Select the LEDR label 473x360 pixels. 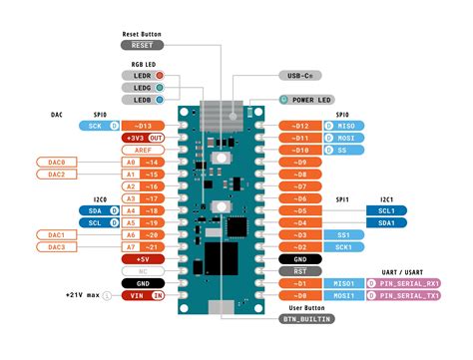pos(141,74)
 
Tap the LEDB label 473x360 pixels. pos(141,101)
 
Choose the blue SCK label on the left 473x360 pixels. pos(95,127)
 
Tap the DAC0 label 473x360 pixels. pos(57,162)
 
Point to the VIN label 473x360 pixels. pos(136,295)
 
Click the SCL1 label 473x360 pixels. pos(386,210)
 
